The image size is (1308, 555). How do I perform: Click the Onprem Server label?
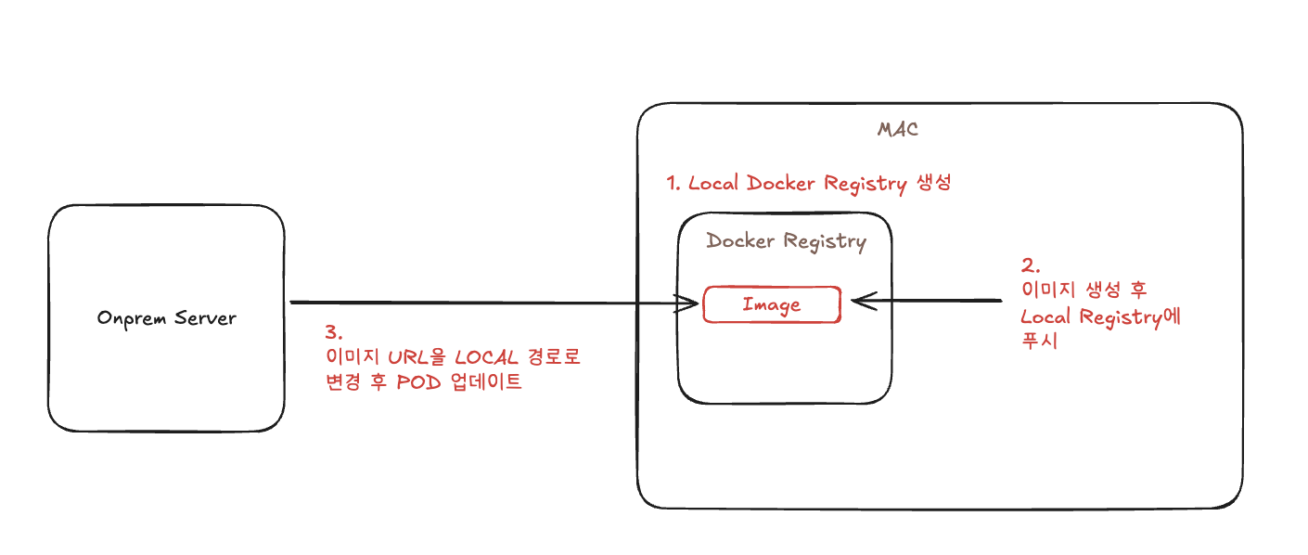coord(167,318)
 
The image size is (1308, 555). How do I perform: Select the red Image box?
coord(772,304)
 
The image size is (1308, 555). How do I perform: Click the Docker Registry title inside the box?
coord(786,242)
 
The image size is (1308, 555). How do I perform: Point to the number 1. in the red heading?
coord(674,184)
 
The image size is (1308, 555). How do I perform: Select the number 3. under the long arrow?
coord(333,331)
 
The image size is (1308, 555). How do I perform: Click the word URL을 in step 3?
coord(411,357)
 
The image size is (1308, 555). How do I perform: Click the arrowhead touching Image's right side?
coord(859,301)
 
